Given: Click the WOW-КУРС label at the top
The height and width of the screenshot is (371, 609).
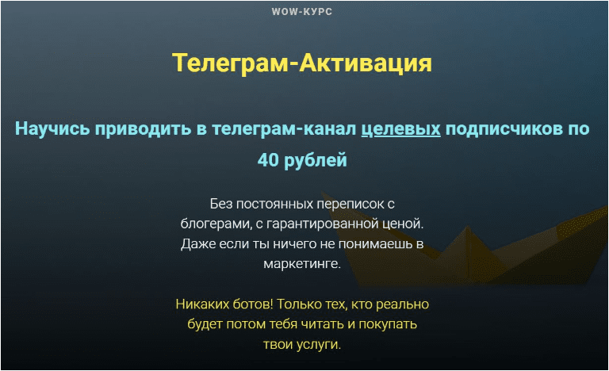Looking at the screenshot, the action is [302, 12].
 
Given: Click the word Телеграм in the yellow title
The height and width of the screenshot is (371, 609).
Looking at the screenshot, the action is [230, 63].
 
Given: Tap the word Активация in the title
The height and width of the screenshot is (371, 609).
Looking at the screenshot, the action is [366, 63].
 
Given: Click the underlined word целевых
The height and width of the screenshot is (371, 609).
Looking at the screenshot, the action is [400, 129].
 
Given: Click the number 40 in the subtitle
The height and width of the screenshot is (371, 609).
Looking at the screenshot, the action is [268, 160].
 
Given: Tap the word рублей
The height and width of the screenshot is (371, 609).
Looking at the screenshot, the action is [316, 160].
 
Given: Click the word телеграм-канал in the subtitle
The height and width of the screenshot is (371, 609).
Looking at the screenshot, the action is [284, 129].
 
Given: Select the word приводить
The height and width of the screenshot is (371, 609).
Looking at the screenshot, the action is [144, 129].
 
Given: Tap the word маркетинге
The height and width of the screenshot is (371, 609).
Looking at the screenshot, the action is [302, 264].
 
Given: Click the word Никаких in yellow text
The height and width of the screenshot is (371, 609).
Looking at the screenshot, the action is [202, 304].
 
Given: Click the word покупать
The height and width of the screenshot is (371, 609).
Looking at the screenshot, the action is [388, 324].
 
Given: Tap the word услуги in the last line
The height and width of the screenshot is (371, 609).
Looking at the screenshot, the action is [318, 345].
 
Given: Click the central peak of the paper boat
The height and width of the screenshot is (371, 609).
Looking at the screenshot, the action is [468, 228].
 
